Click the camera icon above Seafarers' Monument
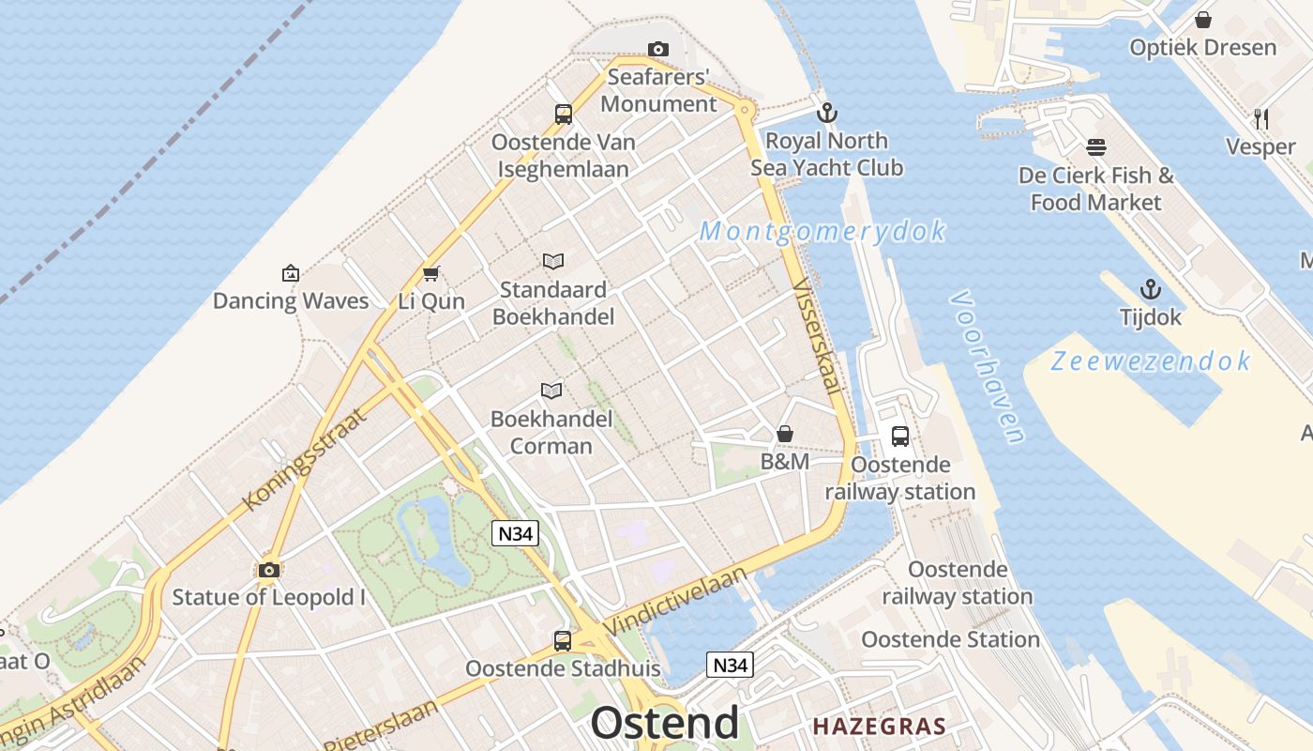(658, 49)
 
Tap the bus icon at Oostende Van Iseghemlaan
(563, 115)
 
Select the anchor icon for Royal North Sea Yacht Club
(826, 114)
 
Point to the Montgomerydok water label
(822, 231)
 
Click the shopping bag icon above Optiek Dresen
(1203, 20)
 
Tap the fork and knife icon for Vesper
(1261, 119)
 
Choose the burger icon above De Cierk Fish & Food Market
(1095, 147)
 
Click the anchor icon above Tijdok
(1151, 289)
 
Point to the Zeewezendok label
(1151, 361)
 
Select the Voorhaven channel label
(988, 366)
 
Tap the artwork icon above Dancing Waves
(291, 273)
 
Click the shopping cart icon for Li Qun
(431, 274)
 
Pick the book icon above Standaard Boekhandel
(553, 262)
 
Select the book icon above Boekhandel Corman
(551, 391)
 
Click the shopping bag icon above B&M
(785, 434)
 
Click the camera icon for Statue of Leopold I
(269, 570)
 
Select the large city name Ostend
(664, 724)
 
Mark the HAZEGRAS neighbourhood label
(879, 726)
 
